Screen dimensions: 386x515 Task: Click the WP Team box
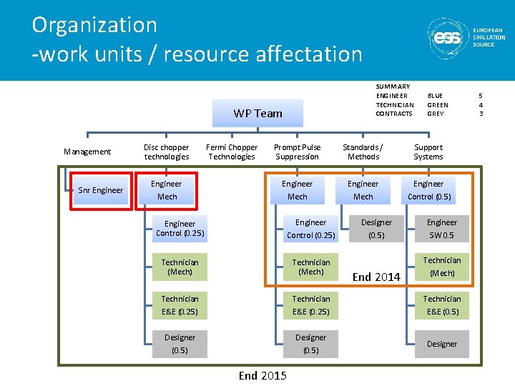pyautogui.click(x=257, y=113)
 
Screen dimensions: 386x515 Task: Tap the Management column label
pyautogui.click(x=87, y=152)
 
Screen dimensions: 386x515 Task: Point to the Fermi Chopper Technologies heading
pyautogui.click(x=232, y=152)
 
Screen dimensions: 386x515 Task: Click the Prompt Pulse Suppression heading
pyautogui.click(x=297, y=152)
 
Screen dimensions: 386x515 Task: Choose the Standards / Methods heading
pyautogui.click(x=363, y=152)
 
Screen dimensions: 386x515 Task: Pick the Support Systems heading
pyautogui.click(x=428, y=152)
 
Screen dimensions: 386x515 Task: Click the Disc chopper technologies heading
pyautogui.click(x=167, y=152)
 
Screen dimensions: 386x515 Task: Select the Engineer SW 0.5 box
pyautogui.click(x=441, y=229)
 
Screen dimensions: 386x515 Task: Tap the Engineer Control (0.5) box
pyautogui.click(x=428, y=190)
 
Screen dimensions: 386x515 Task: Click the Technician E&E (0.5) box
pyautogui.click(x=441, y=305)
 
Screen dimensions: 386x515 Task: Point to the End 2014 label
pyautogui.click(x=376, y=277)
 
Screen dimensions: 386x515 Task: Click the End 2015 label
pyautogui.click(x=263, y=375)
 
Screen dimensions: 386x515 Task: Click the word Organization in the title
pyautogui.click(x=94, y=25)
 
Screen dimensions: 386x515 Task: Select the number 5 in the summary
pyautogui.click(x=481, y=95)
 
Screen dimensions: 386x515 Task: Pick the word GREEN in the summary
pyautogui.click(x=437, y=104)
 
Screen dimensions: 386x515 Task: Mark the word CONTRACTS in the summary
pyautogui.click(x=394, y=114)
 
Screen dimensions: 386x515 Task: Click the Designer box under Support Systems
pyautogui.click(x=441, y=344)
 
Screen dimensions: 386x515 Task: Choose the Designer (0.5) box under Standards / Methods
pyautogui.click(x=376, y=229)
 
